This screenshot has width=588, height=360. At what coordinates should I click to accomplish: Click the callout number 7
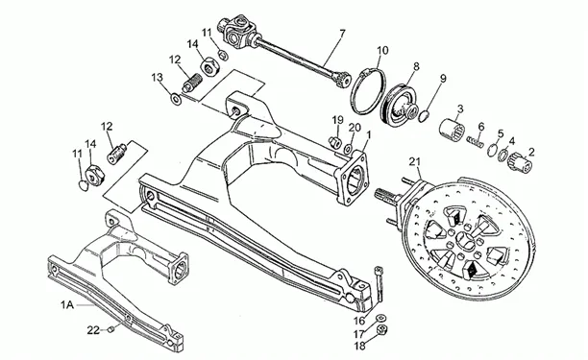coord(342,34)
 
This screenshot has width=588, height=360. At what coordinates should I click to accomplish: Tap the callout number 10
coord(382,50)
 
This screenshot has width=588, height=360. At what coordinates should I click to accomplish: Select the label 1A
coord(67,305)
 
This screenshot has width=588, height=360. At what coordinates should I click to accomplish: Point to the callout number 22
coord(93,330)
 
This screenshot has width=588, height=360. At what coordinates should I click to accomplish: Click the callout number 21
coord(414,162)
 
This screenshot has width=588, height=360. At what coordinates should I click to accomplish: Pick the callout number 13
coord(158,78)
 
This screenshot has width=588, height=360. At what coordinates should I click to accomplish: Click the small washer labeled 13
coord(175,99)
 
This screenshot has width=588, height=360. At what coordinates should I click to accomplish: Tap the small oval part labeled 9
coord(422,116)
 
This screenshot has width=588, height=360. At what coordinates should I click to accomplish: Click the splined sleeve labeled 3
coord(453,130)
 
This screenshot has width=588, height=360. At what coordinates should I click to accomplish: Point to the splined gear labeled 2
coord(518,164)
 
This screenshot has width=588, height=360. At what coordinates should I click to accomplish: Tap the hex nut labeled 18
coord(382,330)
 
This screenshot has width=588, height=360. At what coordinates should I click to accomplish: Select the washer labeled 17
coord(381,318)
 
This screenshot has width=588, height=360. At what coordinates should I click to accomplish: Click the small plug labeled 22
coord(110,329)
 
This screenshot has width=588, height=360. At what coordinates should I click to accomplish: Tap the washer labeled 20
coord(348,150)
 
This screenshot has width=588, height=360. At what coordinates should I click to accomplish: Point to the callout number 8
coord(416,67)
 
